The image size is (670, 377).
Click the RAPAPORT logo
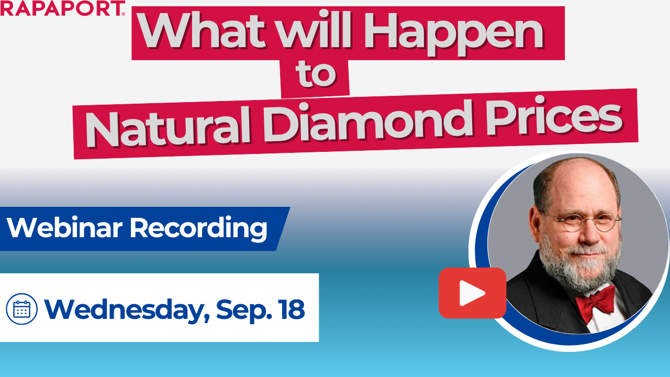tap(62, 8)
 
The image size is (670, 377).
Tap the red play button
tap(472, 293)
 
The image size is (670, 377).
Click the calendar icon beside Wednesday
tap(21, 309)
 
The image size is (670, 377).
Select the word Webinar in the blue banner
tap(64, 227)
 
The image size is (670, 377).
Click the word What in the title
tap(202, 31)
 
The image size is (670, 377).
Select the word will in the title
tap(314, 30)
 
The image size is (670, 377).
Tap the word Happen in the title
tap(453, 34)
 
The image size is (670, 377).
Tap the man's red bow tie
tap(595, 303)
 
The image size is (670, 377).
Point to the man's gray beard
tap(579, 263)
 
